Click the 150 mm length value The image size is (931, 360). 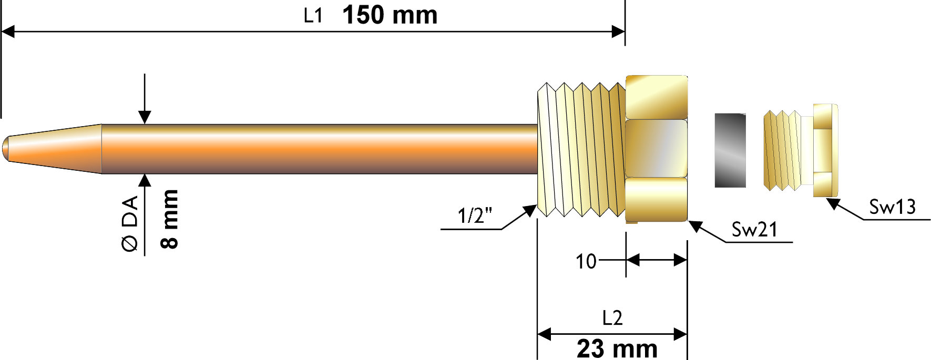point(390,15)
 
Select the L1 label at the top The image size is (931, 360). point(313,16)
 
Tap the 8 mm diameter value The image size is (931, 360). point(169,219)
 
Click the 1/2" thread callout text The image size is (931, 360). point(475,215)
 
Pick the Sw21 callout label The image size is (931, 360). point(754,229)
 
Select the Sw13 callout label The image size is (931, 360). point(892,207)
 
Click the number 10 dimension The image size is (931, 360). point(586,261)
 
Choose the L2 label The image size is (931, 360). point(612,318)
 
